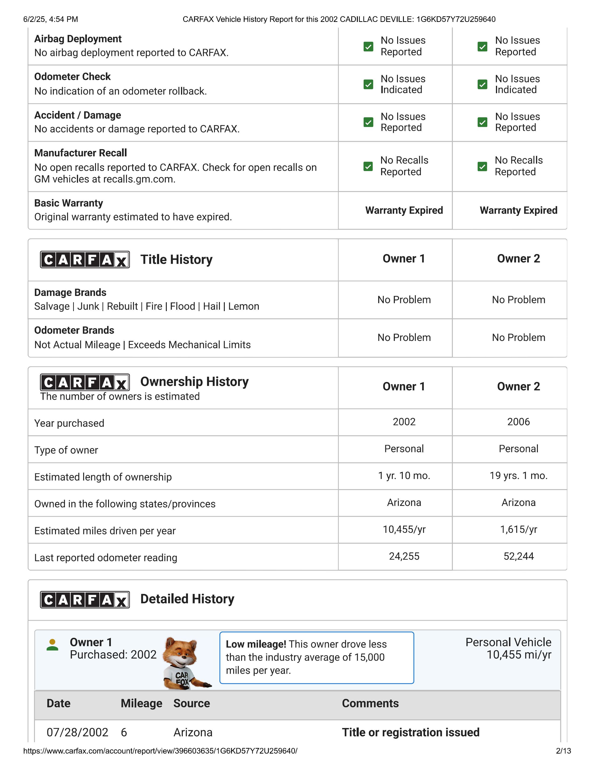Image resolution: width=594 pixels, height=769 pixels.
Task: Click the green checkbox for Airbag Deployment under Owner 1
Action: point(368,46)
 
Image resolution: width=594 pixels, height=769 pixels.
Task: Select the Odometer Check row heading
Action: point(72,76)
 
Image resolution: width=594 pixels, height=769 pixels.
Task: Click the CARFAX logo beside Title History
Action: point(85,260)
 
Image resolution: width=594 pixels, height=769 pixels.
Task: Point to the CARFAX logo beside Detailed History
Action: point(85,599)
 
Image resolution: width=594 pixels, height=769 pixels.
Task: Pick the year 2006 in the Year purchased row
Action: point(518,422)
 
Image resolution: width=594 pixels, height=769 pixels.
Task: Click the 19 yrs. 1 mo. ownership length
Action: point(518,476)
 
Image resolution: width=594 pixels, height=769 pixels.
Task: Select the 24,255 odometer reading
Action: point(404,556)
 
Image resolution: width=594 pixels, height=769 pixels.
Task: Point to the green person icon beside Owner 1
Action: point(52,645)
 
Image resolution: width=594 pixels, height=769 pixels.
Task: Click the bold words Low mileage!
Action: point(256,644)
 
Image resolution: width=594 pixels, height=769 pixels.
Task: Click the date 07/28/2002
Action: point(77,732)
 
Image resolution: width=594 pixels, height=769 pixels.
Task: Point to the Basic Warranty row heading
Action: point(69,203)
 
